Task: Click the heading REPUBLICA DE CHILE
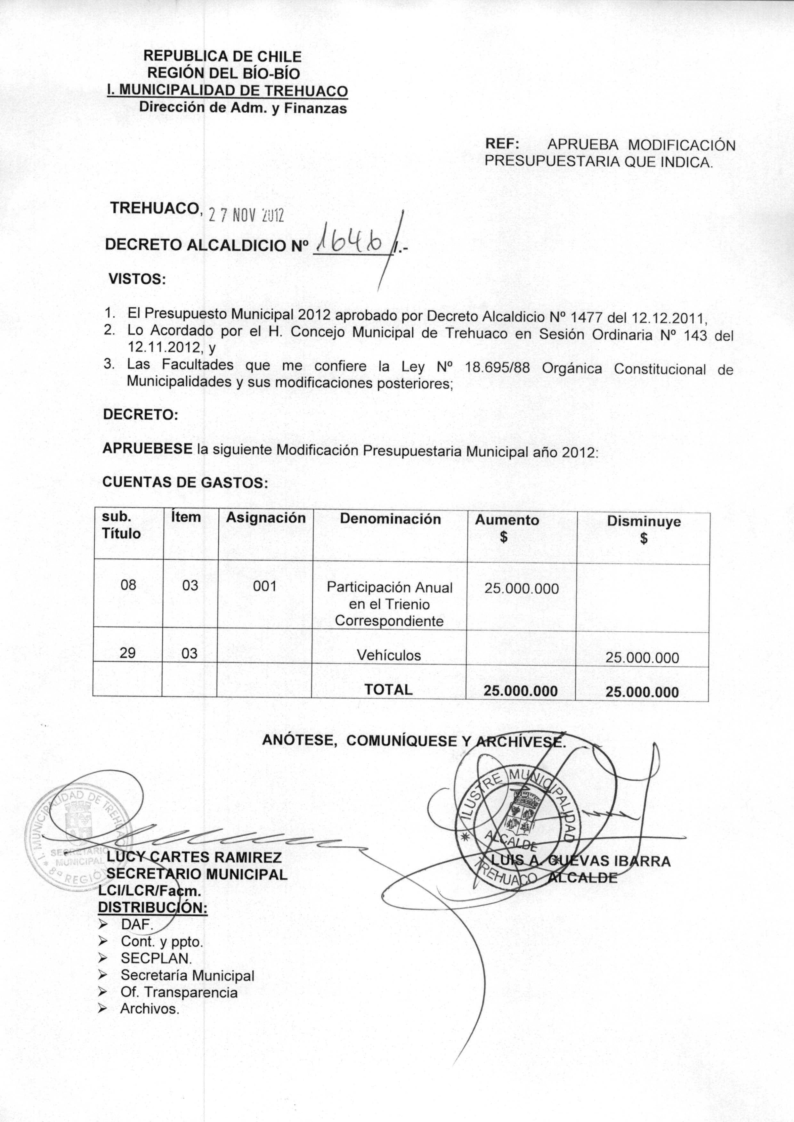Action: pos(223,56)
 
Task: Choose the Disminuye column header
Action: pos(644,521)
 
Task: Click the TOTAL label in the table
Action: pos(388,689)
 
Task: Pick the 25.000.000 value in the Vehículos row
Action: pos(642,658)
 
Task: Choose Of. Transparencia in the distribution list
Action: pos(179,992)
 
